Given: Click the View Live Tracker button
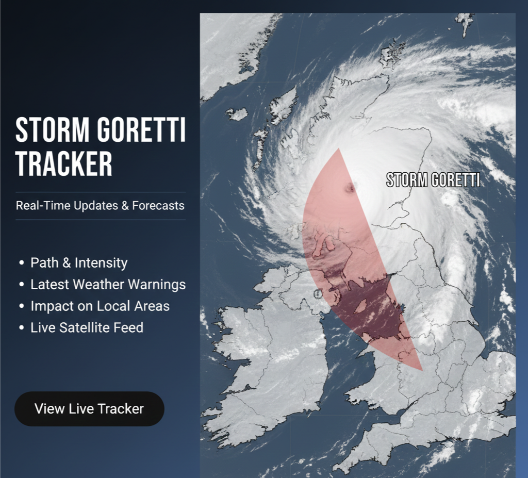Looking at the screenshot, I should pyautogui.click(x=89, y=409).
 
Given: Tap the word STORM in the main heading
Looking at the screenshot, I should pyautogui.click(x=51, y=130).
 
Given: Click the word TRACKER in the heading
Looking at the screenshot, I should pyautogui.click(x=64, y=163).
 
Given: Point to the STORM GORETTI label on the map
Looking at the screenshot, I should pyautogui.click(x=433, y=180).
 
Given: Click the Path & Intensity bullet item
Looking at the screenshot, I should pyautogui.click(x=79, y=262).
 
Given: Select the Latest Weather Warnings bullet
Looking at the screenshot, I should pyautogui.click(x=108, y=284).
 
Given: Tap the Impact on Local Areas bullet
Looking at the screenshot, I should pyautogui.click(x=100, y=306).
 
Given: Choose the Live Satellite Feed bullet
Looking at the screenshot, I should pyautogui.click(x=87, y=327).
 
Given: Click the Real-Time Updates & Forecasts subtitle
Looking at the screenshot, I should pyautogui.click(x=100, y=206).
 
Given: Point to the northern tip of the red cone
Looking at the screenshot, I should pyautogui.click(x=339, y=149).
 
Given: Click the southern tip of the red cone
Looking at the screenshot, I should pyautogui.click(x=422, y=370).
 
